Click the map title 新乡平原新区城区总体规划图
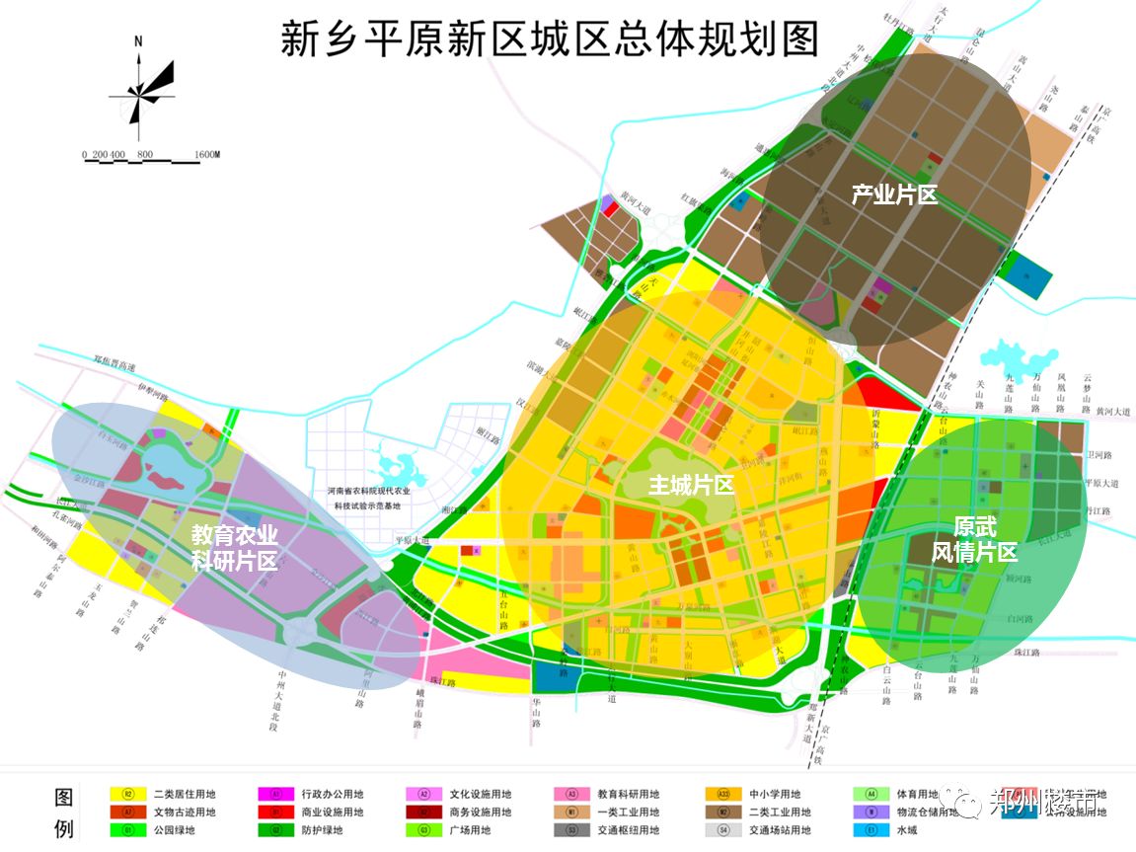(x=550, y=40)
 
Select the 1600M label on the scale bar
(x=206, y=155)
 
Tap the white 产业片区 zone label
(x=894, y=195)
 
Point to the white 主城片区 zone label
(x=691, y=485)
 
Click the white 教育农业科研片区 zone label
(x=235, y=548)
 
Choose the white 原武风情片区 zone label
(x=973, y=539)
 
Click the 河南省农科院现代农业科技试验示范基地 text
(x=369, y=498)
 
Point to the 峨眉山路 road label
(x=418, y=711)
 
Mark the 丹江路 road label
(x=1097, y=511)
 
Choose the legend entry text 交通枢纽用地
(x=628, y=830)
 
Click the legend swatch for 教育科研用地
(x=571, y=794)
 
